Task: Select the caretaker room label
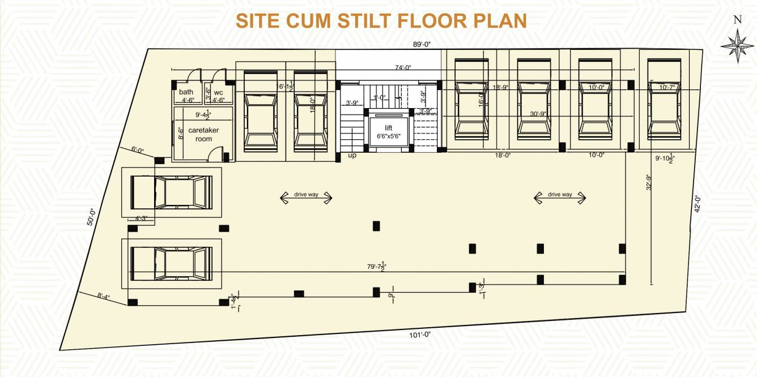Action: click(203, 134)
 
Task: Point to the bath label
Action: click(186, 92)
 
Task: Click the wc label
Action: click(218, 92)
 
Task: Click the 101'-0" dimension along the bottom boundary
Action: click(420, 335)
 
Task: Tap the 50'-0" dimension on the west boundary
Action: click(90, 217)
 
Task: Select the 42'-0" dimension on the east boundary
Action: click(698, 203)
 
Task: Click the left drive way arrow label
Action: click(306, 195)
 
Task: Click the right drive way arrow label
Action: click(560, 195)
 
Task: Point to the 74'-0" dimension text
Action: click(403, 67)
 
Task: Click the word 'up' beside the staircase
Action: click(352, 155)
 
